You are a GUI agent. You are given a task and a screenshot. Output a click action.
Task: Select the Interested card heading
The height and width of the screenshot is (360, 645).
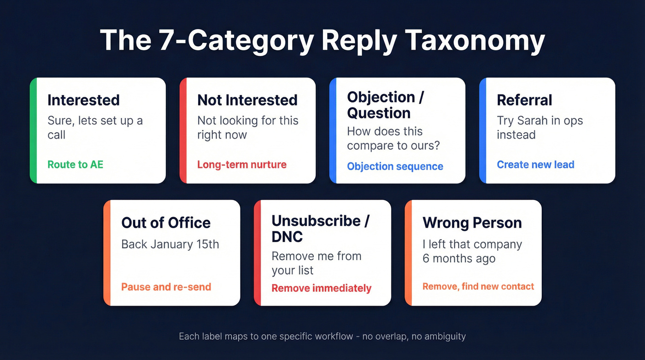coord(83,100)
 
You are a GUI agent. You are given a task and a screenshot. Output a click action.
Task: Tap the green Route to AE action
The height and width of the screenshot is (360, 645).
coord(75,165)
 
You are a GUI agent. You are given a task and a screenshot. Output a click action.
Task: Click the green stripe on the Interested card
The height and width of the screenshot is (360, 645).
coord(33,130)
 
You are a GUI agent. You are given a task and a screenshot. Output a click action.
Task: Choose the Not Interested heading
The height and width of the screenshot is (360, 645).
coord(247,100)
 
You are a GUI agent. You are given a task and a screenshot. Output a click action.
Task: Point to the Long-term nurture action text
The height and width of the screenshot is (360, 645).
coord(242,165)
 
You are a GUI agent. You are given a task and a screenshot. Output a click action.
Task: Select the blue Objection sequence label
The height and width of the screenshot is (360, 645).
coord(395,166)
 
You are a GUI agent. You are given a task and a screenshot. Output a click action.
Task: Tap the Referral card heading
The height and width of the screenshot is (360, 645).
coord(524,100)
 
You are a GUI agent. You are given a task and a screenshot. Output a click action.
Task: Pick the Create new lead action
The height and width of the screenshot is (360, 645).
coord(535,165)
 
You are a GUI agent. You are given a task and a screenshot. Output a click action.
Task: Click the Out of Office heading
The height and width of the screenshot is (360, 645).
coord(166,223)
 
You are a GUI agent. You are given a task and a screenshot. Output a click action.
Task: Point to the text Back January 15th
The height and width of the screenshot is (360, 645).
coord(170,244)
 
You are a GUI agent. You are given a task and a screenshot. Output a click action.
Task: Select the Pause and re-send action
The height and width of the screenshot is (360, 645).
coord(166,287)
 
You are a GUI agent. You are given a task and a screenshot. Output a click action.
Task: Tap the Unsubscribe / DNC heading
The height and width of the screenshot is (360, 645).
coord(320,229)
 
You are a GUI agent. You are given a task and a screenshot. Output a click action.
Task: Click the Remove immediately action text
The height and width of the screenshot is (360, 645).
coord(321,289)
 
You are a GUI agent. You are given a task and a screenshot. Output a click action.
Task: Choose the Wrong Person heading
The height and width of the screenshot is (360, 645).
coord(472,223)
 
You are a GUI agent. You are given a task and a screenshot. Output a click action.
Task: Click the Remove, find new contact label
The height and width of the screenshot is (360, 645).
coord(478,287)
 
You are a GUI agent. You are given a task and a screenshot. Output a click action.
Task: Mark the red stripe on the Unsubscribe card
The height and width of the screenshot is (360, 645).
coord(257,253)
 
